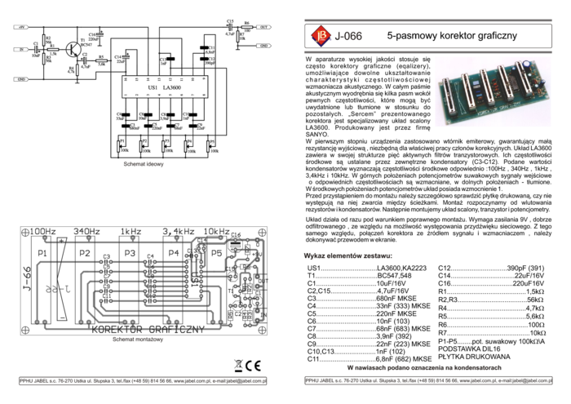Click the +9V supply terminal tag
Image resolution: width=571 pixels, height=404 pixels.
click(x=20, y=27)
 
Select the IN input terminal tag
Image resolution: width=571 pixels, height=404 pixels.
click(x=20, y=50)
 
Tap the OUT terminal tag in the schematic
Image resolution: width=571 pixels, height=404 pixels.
click(x=263, y=27)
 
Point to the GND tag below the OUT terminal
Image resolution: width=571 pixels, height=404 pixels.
click(x=263, y=46)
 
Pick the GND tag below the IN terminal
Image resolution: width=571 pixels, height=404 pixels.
click(x=20, y=79)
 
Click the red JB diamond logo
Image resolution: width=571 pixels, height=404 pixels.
click(x=320, y=35)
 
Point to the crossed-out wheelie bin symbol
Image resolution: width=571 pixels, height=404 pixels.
click(x=237, y=366)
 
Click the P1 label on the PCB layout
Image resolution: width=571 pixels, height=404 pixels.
click(x=42, y=255)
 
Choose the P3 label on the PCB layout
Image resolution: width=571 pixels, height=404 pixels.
click(x=130, y=255)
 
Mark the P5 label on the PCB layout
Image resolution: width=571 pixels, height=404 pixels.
click(x=216, y=255)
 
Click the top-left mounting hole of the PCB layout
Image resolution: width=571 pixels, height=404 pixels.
click(x=29, y=233)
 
